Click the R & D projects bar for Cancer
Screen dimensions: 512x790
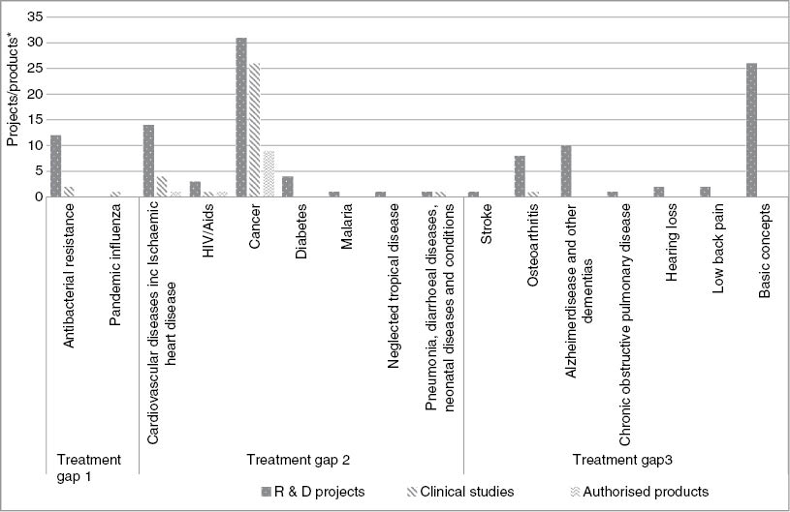tap(241, 117)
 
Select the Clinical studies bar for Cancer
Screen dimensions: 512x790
tap(254, 131)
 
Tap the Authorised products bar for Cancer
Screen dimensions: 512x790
tap(269, 174)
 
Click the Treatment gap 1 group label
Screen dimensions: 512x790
tap(89, 467)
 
